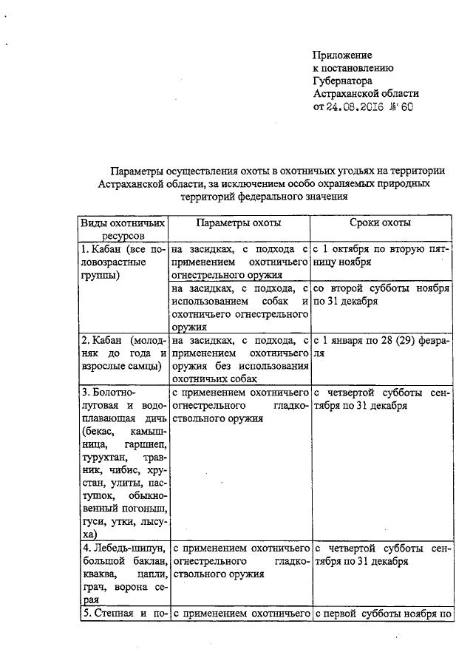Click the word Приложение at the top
point(342,55)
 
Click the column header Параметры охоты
point(239,223)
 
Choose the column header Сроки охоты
point(381,223)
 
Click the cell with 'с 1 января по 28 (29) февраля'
point(381,347)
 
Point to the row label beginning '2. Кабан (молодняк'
point(123,353)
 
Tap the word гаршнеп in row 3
point(146,444)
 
